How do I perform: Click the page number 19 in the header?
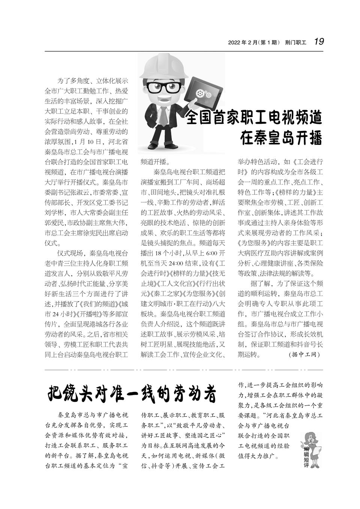click(319, 41)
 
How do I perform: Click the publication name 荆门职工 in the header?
click(295, 42)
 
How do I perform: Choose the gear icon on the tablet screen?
click(201, 92)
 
